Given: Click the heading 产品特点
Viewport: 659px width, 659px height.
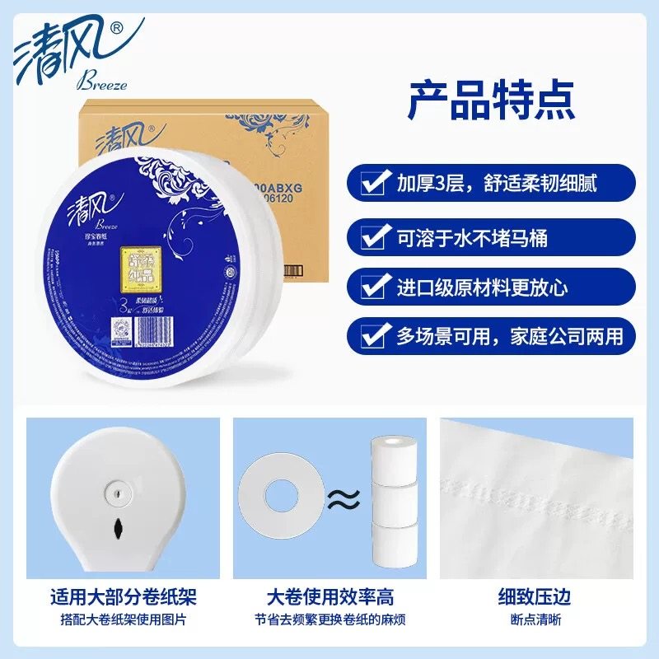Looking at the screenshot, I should pyautogui.click(x=491, y=99).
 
